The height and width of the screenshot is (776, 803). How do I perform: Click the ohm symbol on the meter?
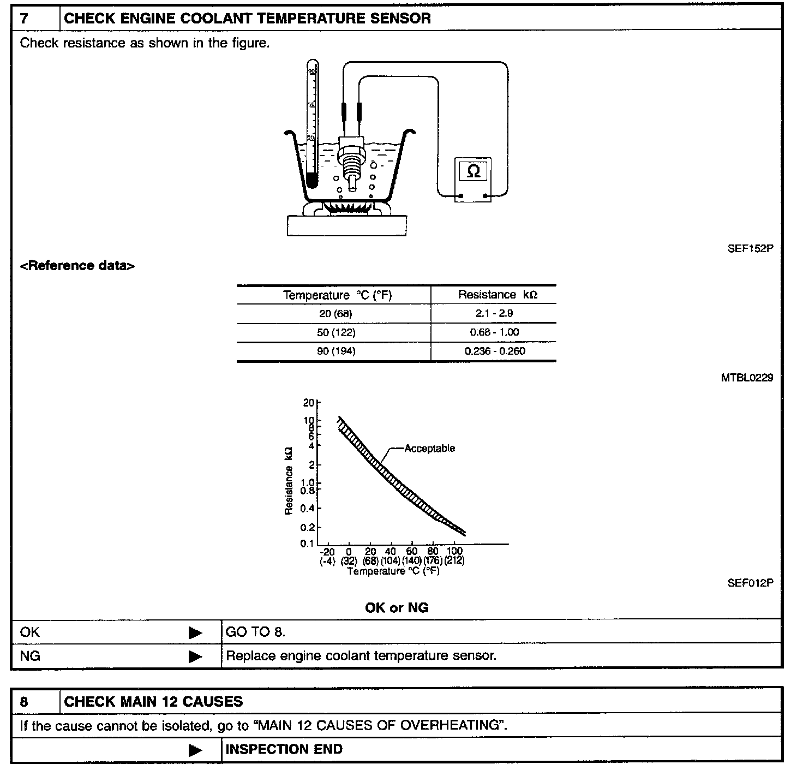(x=474, y=172)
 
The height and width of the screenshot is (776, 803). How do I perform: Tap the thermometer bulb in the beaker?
(x=312, y=180)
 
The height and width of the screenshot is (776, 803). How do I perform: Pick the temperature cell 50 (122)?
(x=336, y=332)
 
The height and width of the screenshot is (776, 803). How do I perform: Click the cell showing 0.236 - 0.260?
(x=495, y=351)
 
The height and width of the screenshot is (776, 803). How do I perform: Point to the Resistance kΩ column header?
(x=498, y=295)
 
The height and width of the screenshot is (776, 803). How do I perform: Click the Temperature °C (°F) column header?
(x=337, y=295)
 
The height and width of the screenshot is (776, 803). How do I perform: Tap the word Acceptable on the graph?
(x=429, y=449)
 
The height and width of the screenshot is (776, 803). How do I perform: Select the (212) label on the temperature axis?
(x=454, y=560)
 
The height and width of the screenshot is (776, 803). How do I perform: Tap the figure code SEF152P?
(x=750, y=248)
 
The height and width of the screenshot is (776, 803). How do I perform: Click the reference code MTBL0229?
(x=747, y=378)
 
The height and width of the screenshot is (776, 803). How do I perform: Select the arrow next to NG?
(x=195, y=656)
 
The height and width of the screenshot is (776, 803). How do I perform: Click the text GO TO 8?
(x=255, y=632)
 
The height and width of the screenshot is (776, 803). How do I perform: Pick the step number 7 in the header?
(x=25, y=19)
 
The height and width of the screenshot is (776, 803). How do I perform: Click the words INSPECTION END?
(x=284, y=749)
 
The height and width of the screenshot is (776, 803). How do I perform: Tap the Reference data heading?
(x=77, y=266)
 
